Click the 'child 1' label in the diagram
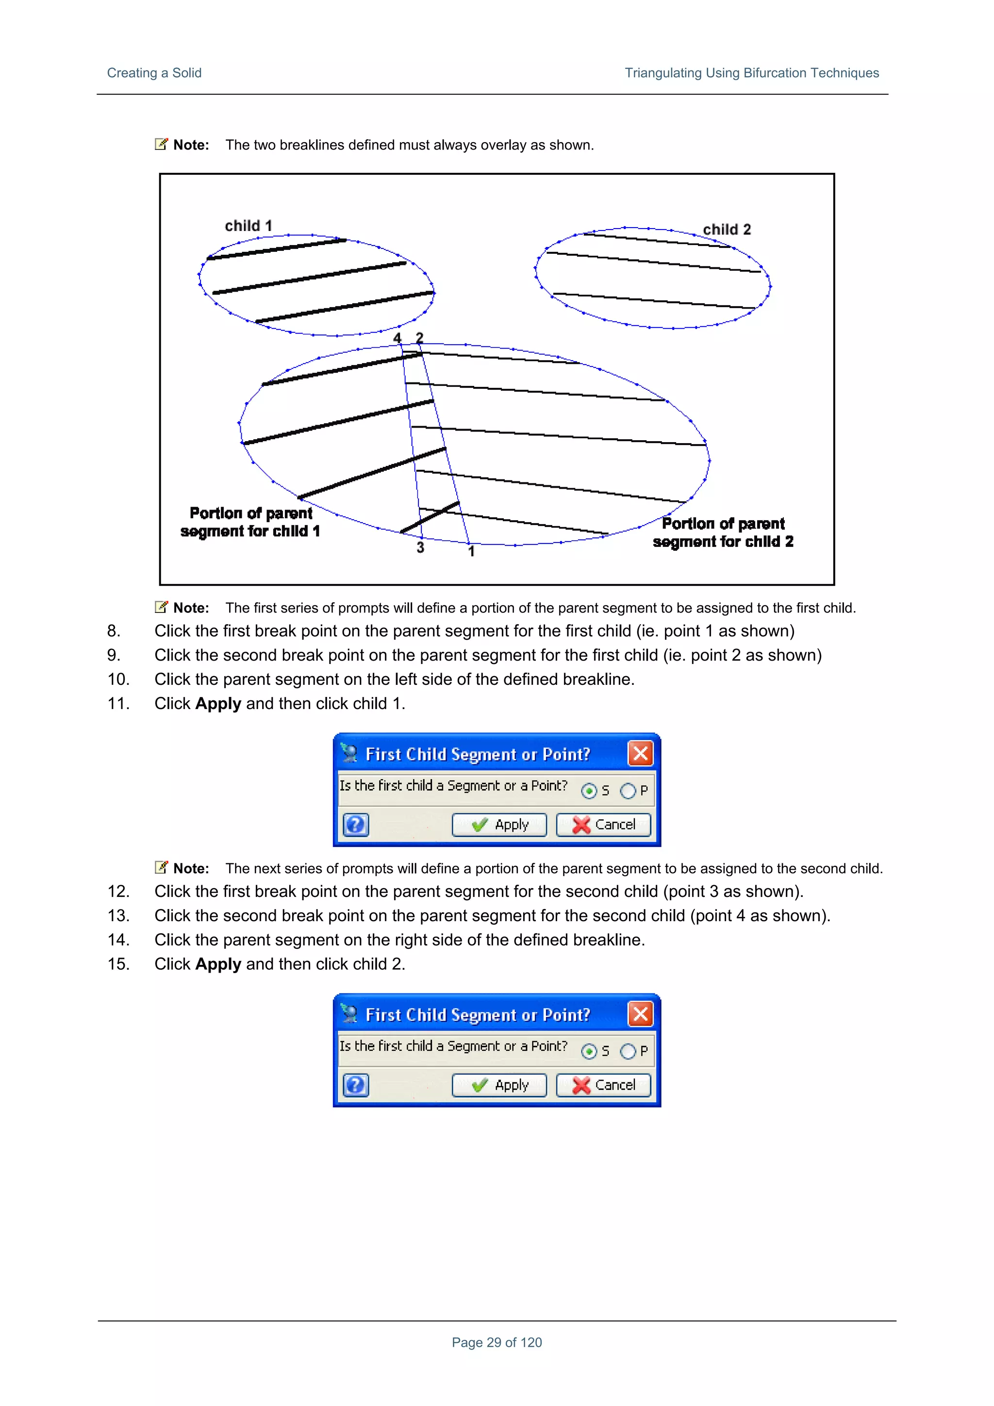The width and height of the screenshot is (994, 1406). (x=248, y=226)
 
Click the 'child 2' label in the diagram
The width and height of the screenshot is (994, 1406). (x=727, y=230)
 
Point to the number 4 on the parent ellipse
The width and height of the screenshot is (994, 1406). (x=397, y=338)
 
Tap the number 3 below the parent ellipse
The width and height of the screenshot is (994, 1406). (x=420, y=547)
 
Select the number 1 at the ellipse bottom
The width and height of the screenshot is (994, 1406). (x=471, y=551)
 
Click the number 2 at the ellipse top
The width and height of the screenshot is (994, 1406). (x=419, y=338)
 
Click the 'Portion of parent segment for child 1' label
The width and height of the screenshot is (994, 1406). (x=250, y=522)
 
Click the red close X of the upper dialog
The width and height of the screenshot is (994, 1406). (x=640, y=753)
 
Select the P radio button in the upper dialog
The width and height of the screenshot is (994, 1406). (x=628, y=791)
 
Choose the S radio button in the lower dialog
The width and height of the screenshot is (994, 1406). (x=589, y=1051)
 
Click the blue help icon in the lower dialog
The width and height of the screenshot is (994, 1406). (x=356, y=1085)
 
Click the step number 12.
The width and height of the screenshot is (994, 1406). (x=118, y=892)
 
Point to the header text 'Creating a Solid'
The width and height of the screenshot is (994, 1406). (x=154, y=73)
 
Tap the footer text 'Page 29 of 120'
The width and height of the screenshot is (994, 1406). (x=497, y=1342)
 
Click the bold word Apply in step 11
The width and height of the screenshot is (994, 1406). (x=218, y=704)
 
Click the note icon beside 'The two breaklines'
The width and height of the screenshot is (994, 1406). (x=161, y=145)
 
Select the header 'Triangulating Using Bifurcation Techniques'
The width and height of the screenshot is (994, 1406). (x=751, y=73)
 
